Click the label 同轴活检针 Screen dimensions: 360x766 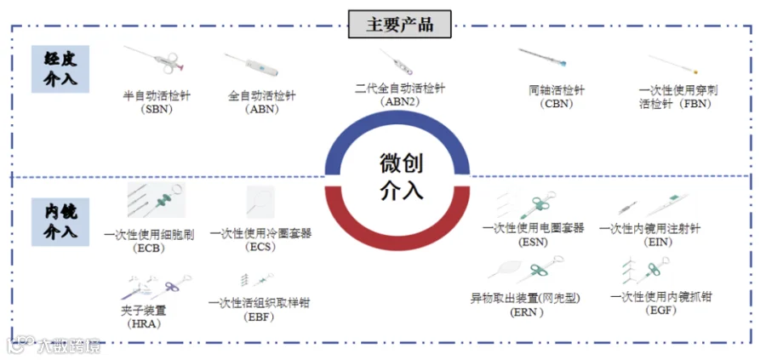tap(557, 90)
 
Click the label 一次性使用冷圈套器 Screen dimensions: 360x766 tap(260, 233)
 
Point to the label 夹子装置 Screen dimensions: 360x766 tap(142, 311)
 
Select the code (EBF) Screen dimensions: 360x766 tap(258, 316)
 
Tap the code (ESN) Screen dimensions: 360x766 tap(533, 242)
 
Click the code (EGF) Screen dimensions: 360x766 tap(660, 310)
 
